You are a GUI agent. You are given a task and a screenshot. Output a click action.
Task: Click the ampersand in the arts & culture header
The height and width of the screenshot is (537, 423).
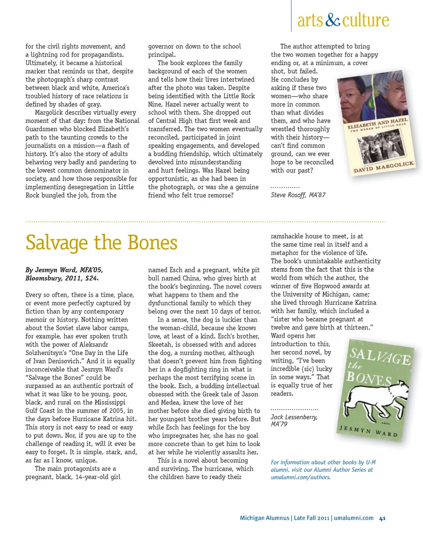(x=333, y=20)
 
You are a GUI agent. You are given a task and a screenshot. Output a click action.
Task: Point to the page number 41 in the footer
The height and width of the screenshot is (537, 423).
(x=382, y=518)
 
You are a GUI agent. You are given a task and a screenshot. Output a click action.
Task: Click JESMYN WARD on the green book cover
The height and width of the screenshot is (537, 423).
(x=369, y=430)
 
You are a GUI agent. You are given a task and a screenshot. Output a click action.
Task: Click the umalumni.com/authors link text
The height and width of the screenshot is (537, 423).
(x=300, y=478)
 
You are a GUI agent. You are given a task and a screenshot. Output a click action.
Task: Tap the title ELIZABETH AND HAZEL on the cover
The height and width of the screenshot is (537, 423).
(x=378, y=124)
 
